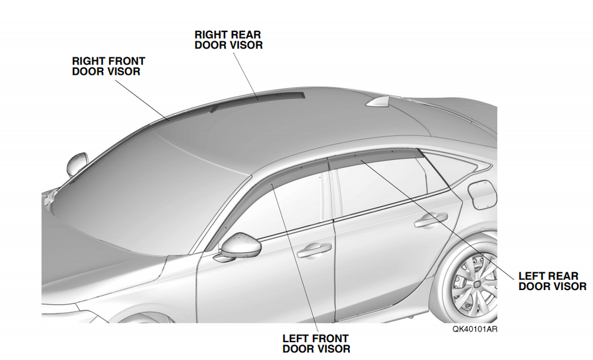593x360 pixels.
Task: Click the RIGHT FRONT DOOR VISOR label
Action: tap(109, 66)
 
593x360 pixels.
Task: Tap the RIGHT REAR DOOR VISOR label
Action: tap(228, 40)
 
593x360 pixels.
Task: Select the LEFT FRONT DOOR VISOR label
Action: tap(316, 343)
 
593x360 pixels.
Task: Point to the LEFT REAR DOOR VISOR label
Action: tap(552, 281)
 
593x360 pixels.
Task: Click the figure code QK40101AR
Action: tap(475, 329)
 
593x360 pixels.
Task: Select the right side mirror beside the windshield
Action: tap(77, 163)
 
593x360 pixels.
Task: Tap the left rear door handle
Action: tap(431, 220)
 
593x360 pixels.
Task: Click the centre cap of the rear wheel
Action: tap(479, 283)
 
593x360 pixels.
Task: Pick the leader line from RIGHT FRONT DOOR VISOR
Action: tap(142, 100)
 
